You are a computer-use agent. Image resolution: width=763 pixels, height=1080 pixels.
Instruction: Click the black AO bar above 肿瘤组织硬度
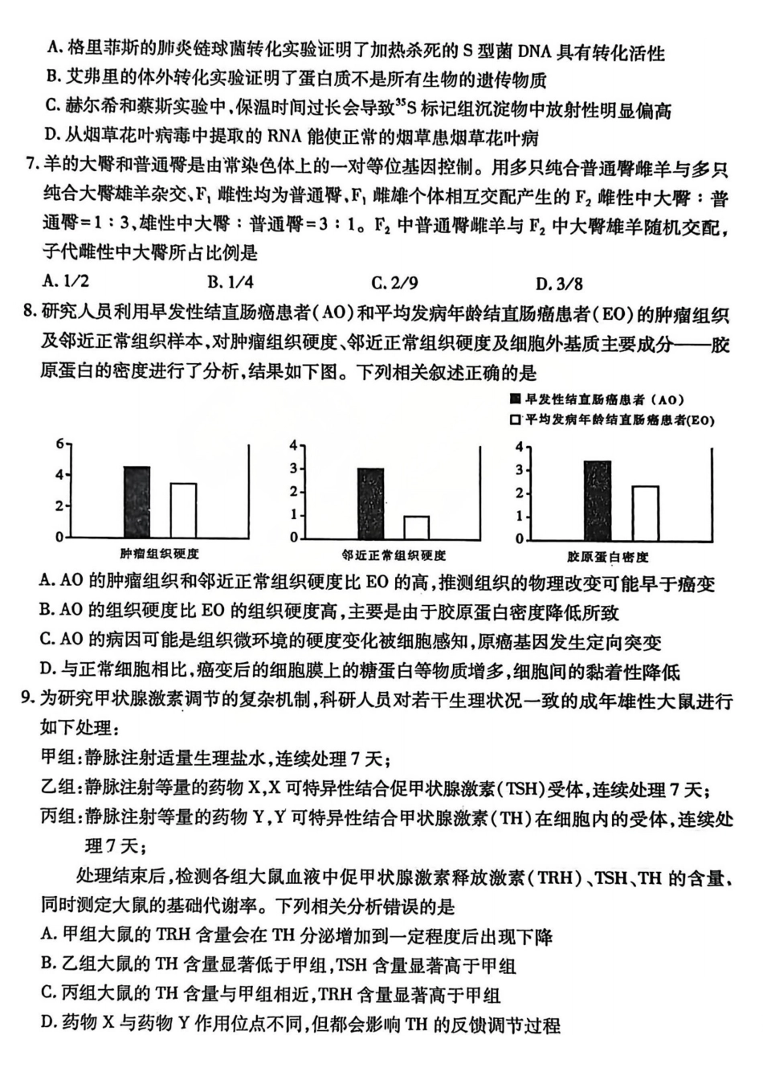[x=137, y=501]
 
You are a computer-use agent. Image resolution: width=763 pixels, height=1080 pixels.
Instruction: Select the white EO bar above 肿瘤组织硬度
[x=183, y=509]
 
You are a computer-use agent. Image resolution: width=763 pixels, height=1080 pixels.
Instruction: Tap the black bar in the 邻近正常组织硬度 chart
[x=370, y=503]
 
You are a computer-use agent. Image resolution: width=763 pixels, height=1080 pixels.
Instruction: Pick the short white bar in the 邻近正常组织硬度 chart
[x=415, y=527]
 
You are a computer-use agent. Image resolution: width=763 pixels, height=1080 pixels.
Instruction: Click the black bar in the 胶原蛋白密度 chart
[x=597, y=500]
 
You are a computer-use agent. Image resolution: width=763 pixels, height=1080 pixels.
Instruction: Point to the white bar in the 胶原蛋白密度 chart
[x=645, y=513]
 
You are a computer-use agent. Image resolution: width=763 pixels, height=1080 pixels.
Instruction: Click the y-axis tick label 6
[x=59, y=444]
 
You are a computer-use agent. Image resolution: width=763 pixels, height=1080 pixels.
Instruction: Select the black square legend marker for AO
[x=515, y=399]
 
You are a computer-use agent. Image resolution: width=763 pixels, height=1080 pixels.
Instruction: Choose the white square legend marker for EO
[x=515, y=419]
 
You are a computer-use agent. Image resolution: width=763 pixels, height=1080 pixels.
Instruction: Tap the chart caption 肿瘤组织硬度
[x=159, y=554]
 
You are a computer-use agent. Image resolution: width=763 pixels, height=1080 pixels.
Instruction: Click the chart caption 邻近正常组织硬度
[x=393, y=554]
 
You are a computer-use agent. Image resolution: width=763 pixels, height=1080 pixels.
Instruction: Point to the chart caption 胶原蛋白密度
[x=607, y=556]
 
